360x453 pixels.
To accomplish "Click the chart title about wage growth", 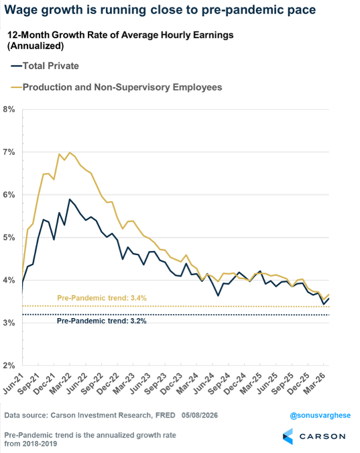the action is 160,10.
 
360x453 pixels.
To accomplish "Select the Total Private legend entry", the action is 45,66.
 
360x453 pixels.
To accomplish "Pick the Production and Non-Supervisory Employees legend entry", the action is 117,87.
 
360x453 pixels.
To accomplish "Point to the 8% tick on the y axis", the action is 9,109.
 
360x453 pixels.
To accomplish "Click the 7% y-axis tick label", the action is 9,152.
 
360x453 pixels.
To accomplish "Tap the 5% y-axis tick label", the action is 9,238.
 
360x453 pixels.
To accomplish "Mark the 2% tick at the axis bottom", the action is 9,366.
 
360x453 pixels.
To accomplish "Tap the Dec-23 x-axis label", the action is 172,383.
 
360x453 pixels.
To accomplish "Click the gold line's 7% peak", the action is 70,152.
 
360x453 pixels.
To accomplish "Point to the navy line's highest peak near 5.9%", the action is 70,199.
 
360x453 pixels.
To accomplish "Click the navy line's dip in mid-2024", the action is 218,295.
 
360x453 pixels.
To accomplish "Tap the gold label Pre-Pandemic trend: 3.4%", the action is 102,298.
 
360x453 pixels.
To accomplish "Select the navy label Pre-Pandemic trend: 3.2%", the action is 102,321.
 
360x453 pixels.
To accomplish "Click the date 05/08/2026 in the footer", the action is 200,415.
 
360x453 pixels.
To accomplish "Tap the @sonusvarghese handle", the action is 320,415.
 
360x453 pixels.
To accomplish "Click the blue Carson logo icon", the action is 288,436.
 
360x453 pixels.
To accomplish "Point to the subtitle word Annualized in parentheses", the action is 36,46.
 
